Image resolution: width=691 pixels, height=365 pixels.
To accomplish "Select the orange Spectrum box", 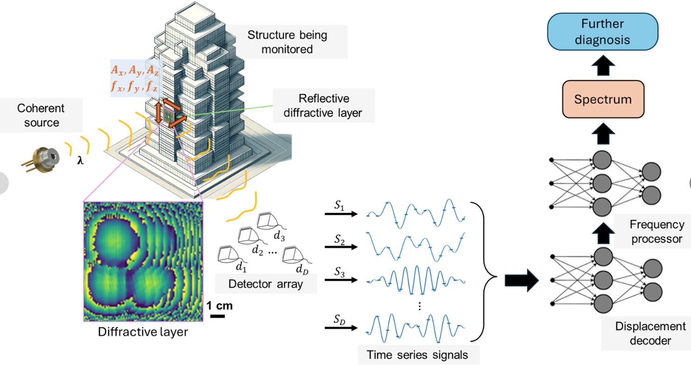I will pyautogui.click(x=603, y=99).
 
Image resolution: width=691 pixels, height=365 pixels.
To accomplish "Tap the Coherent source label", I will pyautogui.click(x=41, y=116).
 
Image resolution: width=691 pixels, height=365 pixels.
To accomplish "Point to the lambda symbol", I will pyautogui.click(x=80, y=162).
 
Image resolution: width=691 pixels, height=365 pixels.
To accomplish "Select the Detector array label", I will pyautogui.click(x=266, y=284).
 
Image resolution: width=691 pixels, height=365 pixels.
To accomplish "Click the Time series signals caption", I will pyautogui.click(x=417, y=355).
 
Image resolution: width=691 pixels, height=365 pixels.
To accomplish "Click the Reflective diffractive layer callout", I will pyautogui.click(x=325, y=106).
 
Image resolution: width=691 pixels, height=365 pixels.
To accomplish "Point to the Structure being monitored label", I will pyautogui.click(x=287, y=41).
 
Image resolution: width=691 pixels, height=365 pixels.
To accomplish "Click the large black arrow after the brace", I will pyautogui.click(x=521, y=280).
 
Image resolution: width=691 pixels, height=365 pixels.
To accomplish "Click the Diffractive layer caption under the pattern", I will pyautogui.click(x=143, y=332).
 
